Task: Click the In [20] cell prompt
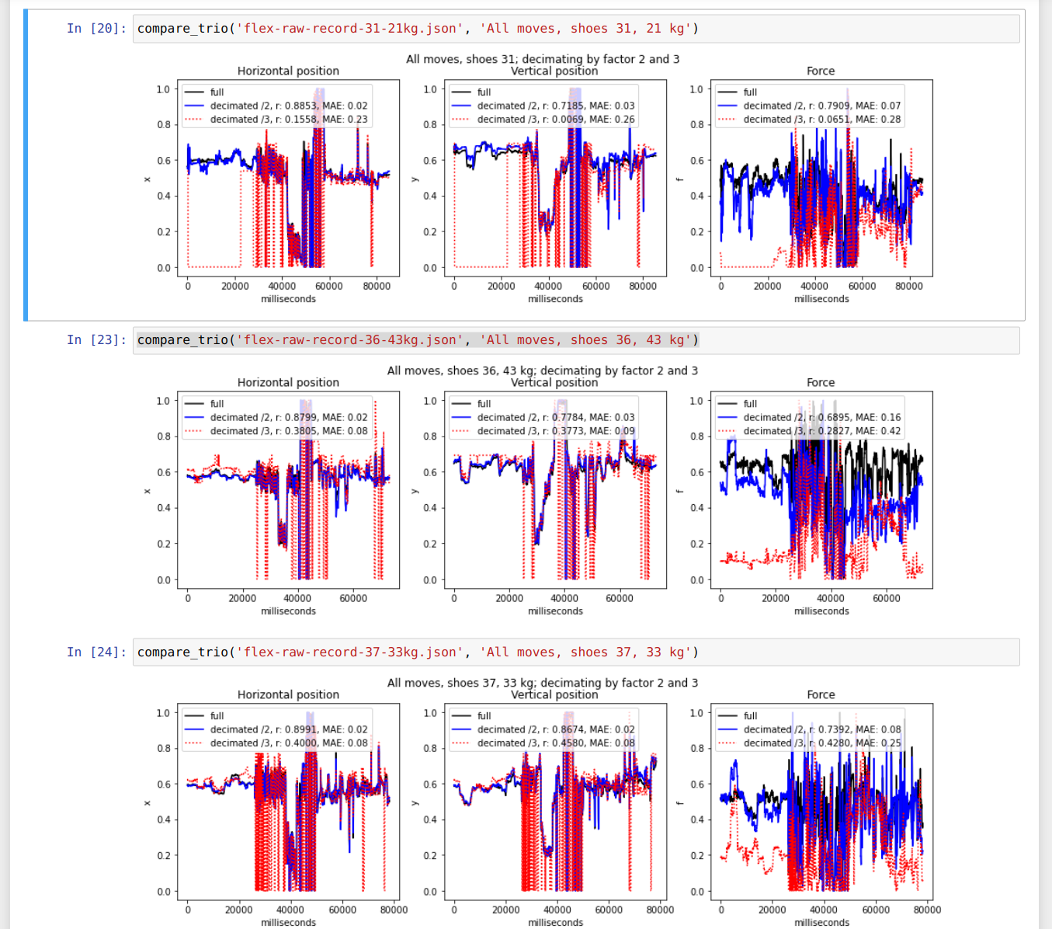point(96,29)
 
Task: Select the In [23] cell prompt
point(96,340)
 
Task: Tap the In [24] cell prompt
point(96,652)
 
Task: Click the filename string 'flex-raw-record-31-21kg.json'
point(350,29)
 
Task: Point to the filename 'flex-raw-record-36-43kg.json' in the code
point(350,340)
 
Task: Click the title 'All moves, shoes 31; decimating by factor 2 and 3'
point(543,59)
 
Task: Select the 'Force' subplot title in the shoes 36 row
point(821,382)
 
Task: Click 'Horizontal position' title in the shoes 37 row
point(288,694)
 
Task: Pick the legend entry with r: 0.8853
point(288,106)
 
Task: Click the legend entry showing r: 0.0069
point(555,120)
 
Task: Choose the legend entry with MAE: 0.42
point(821,431)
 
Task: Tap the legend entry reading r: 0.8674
point(555,729)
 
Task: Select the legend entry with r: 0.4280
point(821,743)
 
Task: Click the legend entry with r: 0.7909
point(821,106)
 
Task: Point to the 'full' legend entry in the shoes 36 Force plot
point(749,404)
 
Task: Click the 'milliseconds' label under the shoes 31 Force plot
point(821,299)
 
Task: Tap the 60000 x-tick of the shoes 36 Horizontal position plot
point(353,598)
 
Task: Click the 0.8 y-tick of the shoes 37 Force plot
point(696,748)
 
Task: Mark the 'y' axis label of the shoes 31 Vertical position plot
point(415,179)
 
